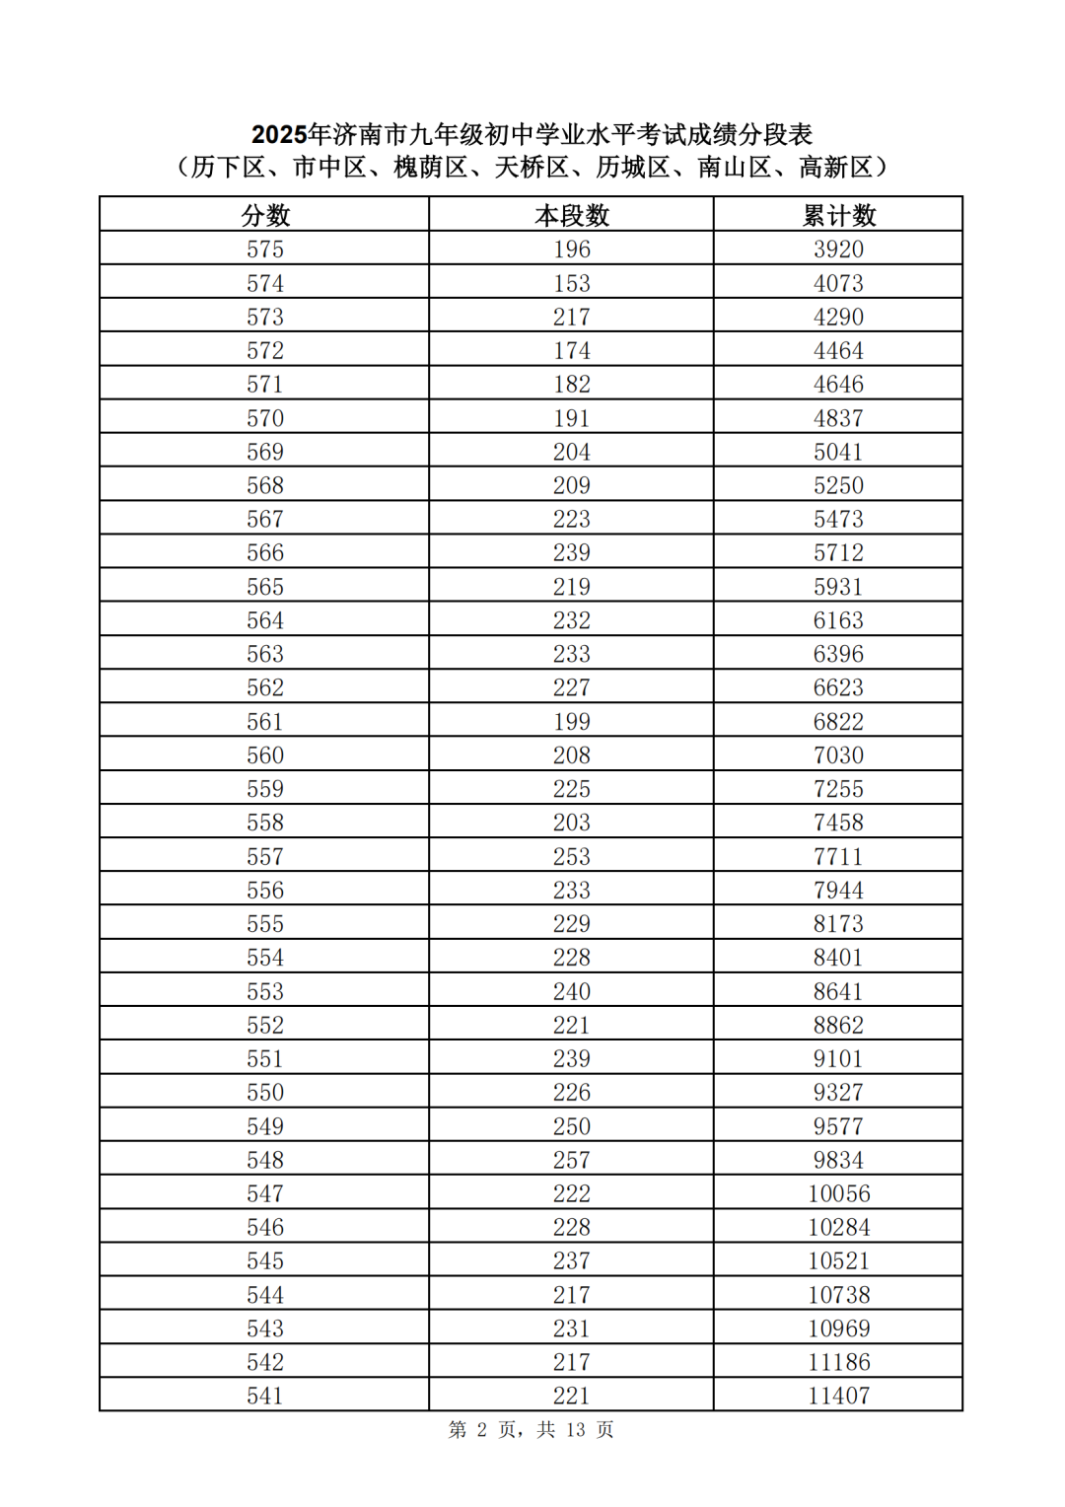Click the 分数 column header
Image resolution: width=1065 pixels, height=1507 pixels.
coord(265,215)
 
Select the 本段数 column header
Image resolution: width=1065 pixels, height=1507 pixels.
coord(572,215)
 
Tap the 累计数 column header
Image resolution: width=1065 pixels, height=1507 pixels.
coord(838,215)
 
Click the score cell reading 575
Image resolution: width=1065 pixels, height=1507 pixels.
coord(265,250)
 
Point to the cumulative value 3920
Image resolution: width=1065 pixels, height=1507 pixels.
coord(838,250)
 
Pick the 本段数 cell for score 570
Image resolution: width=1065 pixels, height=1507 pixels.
coord(572,418)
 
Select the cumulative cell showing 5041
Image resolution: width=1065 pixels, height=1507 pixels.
coord(838,452)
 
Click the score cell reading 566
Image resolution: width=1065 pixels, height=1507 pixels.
coord(265,553)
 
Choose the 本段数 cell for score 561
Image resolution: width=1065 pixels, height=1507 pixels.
coord(572,722)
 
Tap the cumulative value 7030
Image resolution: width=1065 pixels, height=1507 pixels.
coord(838,755)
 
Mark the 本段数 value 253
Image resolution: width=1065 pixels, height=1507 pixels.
coord(572,856)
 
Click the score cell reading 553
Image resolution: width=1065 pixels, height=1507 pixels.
coord(265,991)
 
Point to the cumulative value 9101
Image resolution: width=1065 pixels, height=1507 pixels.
coord(838,1058)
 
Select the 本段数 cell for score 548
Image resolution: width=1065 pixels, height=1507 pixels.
coord(572,1160)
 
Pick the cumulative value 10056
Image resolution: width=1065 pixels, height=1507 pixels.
coord(839,1193)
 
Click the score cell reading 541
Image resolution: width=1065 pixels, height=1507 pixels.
coord(265,1396)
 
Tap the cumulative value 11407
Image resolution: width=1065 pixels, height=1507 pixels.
coord(839,1396)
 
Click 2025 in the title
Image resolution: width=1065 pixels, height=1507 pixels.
coord(279,134)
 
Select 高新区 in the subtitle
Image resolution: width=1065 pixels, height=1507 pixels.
coord(835,168)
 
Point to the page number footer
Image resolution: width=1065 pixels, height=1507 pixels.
coord(532,1430)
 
